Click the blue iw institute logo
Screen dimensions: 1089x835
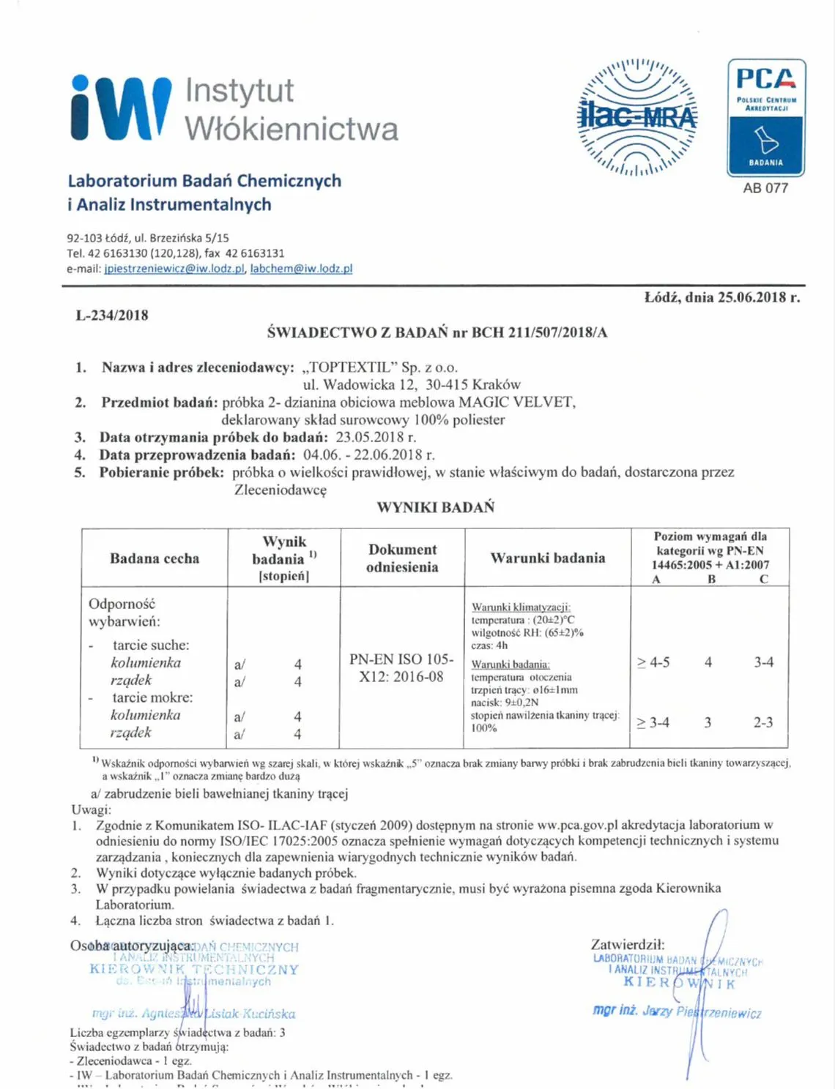pyautogui.click(x=121, y=108)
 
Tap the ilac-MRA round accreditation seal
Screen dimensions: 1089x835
pyautogui.click(x=638, y=117)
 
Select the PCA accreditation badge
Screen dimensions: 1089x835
pyautogui.click(x=765, y=117)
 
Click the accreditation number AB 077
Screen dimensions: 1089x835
pyautogui.click(x=765, y=188)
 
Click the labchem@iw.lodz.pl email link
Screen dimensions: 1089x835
pyautogui.click(x=301, y=269)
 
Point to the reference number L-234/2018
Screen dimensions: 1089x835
pyautogui.click(x=112, y=315)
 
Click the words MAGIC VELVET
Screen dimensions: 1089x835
pyautogui.click(x=516, y=402)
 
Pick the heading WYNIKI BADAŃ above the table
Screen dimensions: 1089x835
pyautogui.click(x=436, y=507)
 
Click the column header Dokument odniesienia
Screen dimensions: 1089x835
pyautogui.click(x=402, y=558)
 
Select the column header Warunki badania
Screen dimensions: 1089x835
pyautogui.click(x=548, y=558)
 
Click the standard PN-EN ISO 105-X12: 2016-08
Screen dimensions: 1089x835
pyautogui.click(x=401, y=667)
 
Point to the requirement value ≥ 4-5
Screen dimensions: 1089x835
pyautogui.click(x=653, y=662)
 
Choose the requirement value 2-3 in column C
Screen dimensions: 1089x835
pyautogui.click(x=763, y=722)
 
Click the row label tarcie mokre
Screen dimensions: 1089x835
pyautogui.click(x=152, y=697)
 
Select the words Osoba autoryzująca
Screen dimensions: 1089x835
pyautogui.click(x=132, y=946)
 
